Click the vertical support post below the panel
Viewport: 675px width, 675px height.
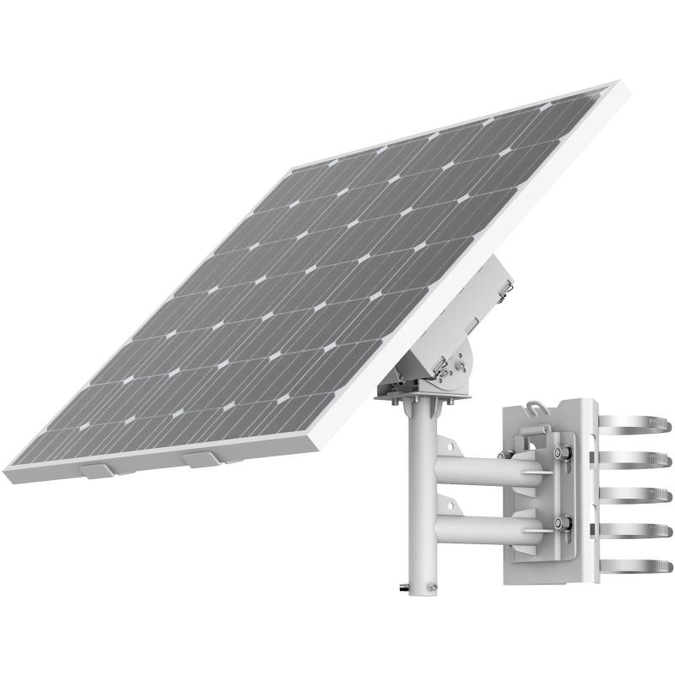tap(422, 489)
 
